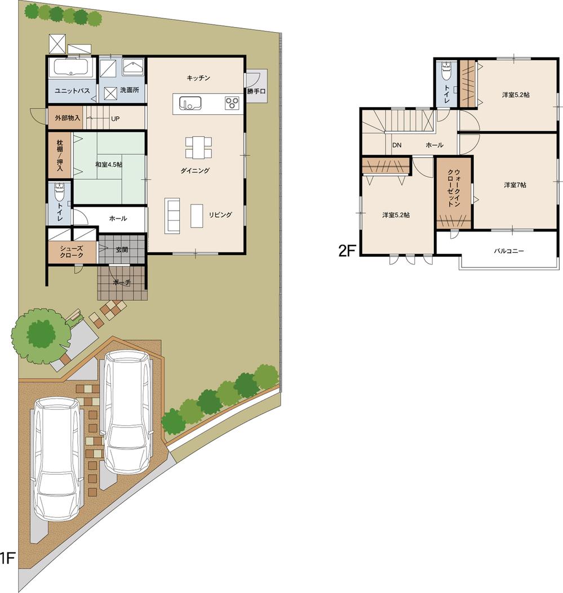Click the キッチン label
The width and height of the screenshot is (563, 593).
(198, 78)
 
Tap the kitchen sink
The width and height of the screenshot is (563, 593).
(190, 104)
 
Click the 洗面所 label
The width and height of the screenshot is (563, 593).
(130, 90)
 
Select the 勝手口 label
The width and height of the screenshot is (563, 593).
(256, 91)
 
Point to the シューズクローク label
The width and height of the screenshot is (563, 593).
(72, 251)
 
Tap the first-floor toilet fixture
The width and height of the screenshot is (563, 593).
(60, 194)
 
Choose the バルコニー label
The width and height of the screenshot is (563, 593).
(509, 251)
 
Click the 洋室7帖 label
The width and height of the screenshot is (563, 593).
(515, 185)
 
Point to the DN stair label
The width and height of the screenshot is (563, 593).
(397, 145)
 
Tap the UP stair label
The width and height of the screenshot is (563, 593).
(115, 119)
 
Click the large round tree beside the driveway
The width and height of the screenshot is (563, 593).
(40, 335)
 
